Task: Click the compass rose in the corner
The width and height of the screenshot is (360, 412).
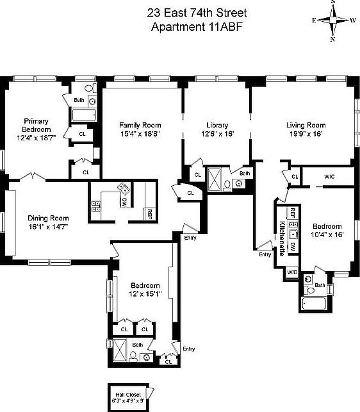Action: (333, 21)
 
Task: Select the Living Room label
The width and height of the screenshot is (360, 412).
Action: (306, 125)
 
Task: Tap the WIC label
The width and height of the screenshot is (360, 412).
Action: (329, 176)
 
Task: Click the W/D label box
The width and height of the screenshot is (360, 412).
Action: (292, 272)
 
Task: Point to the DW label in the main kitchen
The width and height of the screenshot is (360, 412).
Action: (123, 201)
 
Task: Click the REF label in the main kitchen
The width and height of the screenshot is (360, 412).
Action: (149, 214)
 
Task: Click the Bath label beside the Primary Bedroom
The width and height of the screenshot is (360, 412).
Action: (79, 100)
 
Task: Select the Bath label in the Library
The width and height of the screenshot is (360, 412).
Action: (245, 173)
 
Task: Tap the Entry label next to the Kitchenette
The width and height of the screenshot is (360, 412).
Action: (265, 254)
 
